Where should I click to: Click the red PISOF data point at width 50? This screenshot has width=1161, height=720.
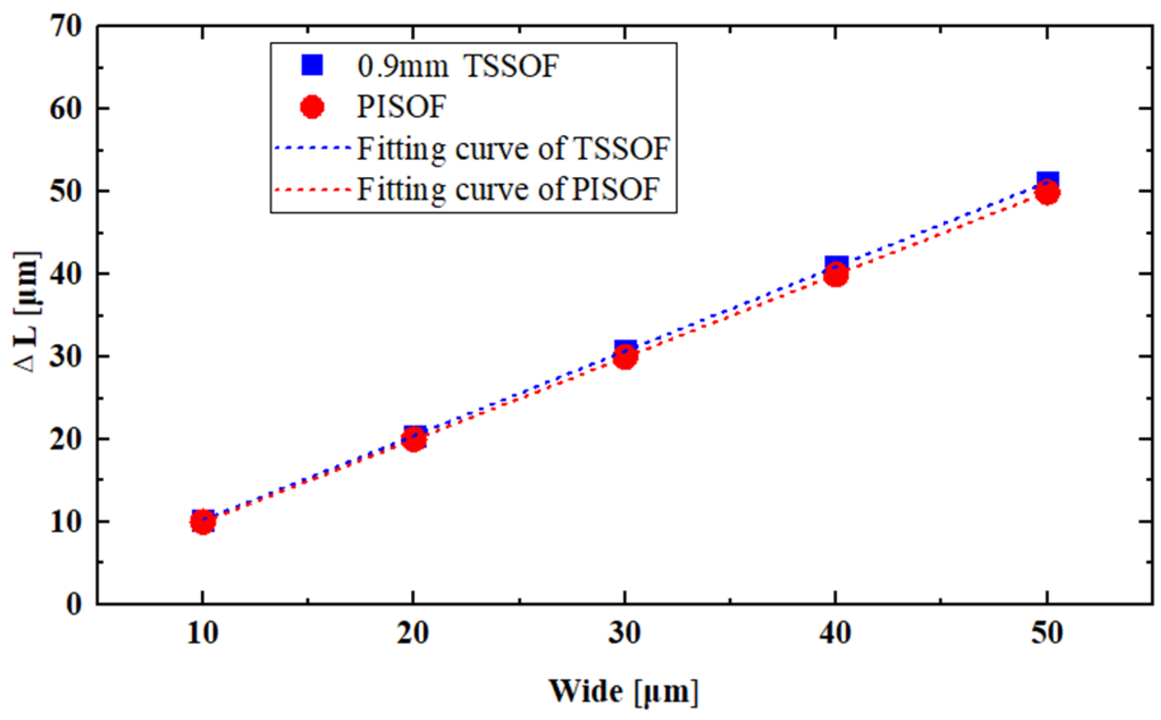1047,192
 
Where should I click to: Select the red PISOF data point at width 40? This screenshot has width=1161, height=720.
835,275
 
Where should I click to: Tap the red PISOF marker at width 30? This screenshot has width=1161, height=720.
625,357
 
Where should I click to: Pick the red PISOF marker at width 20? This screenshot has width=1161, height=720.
414,439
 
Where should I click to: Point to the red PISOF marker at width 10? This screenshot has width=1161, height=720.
203,521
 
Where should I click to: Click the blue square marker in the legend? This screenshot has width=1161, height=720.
312,65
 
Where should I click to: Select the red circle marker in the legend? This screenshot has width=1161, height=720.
312,106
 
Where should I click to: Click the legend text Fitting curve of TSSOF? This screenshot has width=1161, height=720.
513,149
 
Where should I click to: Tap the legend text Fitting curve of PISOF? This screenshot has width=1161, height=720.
507,189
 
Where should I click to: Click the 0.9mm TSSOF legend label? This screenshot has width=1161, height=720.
457,66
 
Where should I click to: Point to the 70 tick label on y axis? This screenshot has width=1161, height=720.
65,26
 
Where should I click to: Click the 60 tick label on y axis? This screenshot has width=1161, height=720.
65,108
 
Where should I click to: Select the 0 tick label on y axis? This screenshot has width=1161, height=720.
74,604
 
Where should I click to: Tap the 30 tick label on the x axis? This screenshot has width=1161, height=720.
624,633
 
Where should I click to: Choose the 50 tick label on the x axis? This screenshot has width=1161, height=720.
1047,633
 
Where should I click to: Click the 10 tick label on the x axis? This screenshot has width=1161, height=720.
203,633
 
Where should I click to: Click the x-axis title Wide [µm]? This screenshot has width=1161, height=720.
623,692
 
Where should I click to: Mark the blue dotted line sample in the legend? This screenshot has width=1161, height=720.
313,148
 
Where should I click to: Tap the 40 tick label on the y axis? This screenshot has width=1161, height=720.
65,274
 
